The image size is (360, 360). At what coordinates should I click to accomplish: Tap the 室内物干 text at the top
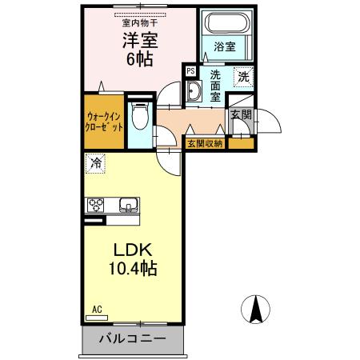pos(139,23)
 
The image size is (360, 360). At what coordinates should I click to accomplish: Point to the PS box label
pos(190,71)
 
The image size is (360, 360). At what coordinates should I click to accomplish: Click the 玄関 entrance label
pos(241,114)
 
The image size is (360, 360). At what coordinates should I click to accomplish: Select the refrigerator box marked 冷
pos(96,163)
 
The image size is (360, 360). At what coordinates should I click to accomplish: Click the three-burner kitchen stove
pos(98,204)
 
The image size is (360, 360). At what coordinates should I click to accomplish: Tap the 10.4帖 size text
pos(133,269)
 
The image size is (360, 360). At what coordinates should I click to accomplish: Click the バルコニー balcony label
pos(133,339)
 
